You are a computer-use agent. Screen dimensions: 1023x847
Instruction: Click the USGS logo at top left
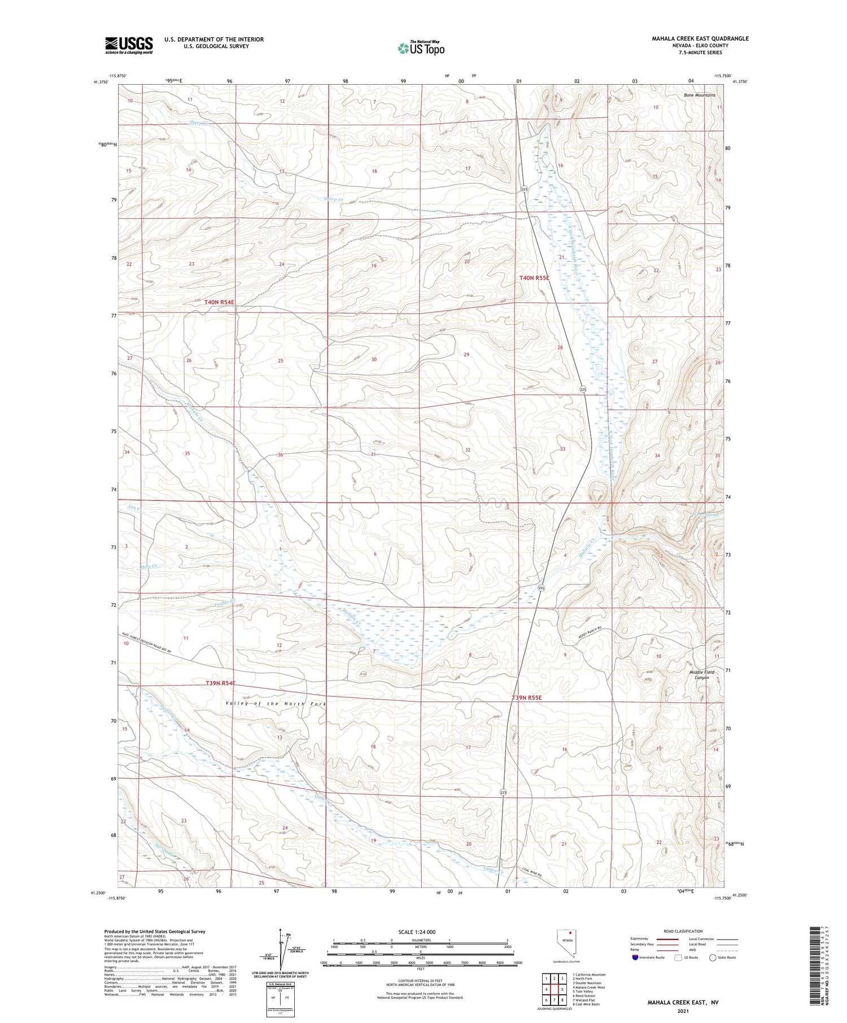point(129,45)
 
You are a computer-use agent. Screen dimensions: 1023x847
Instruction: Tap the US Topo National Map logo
point(421,47)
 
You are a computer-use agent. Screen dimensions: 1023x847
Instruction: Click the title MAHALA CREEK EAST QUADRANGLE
point(700,38)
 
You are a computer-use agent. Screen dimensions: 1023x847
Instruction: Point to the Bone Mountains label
point(699,95)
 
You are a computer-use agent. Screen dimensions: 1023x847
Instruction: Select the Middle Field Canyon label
point(702,675)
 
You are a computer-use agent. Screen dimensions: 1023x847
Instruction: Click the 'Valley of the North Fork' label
point(275,704)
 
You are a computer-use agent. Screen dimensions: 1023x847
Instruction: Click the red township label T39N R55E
point(526,698)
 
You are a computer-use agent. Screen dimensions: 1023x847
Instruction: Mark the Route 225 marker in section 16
point(525,190)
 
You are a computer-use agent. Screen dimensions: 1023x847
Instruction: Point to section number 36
point(280,455)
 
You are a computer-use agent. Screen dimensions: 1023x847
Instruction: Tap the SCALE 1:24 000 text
point(417,932)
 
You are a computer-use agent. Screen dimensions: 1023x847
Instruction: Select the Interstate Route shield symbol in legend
point(635,958)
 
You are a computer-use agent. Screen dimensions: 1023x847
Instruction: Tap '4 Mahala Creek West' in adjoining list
point(588,987)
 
